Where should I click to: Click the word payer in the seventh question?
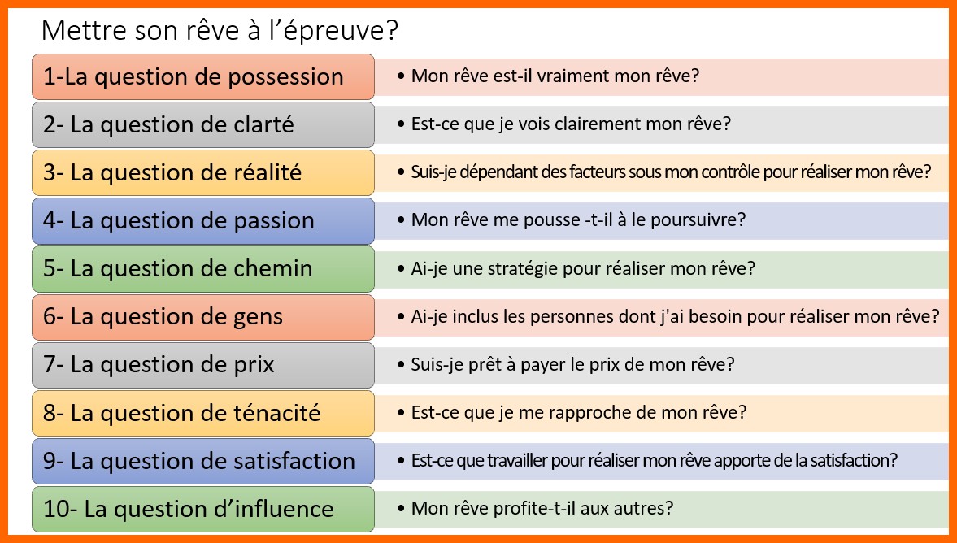coord(540,365)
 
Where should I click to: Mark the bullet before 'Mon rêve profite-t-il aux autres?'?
coord(400,508)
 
